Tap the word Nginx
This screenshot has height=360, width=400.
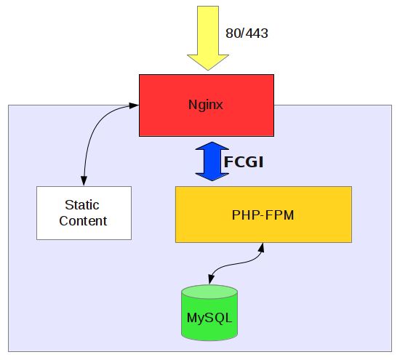pos(207,105)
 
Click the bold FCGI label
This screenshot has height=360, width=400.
pos(243,161)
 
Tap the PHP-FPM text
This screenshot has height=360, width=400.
pos(263,215)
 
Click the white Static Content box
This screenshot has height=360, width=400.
pos(84,229)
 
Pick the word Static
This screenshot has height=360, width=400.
pos(82,206)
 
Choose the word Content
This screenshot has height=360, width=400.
pos(83,221)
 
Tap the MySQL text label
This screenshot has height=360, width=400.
pos(209,319)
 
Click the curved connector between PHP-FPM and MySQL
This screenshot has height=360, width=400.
pos(236,267)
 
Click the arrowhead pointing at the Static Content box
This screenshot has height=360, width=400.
pos(84,181)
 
